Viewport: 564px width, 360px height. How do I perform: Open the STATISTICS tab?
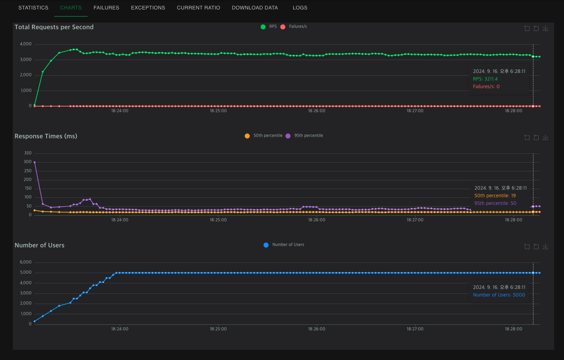(33, 8)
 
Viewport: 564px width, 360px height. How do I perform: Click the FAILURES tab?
(106, 8)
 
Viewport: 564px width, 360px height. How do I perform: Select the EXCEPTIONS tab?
(148, 8)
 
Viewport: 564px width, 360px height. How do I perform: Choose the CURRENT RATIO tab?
(198, 8)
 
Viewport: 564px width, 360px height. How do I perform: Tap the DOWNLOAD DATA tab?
(255, 8)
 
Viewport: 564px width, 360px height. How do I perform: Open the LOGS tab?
(300, 8)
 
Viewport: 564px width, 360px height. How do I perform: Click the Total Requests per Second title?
(54, 27)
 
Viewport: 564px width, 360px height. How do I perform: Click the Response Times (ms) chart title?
(46, 136)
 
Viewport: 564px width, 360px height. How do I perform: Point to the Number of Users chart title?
(40, 245)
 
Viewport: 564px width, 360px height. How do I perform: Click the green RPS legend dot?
(263, 27)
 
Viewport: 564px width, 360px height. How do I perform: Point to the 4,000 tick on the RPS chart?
(26, 44)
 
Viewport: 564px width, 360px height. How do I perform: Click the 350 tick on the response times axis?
(28, 153)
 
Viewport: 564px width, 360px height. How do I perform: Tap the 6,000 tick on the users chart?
(26, 262)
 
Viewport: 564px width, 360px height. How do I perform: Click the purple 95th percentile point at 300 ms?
(35, 162)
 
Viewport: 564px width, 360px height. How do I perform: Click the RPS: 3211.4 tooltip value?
(485, 79)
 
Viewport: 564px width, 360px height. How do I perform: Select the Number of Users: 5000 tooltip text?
(499, 295)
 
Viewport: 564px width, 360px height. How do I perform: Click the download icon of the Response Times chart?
(545, 137)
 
